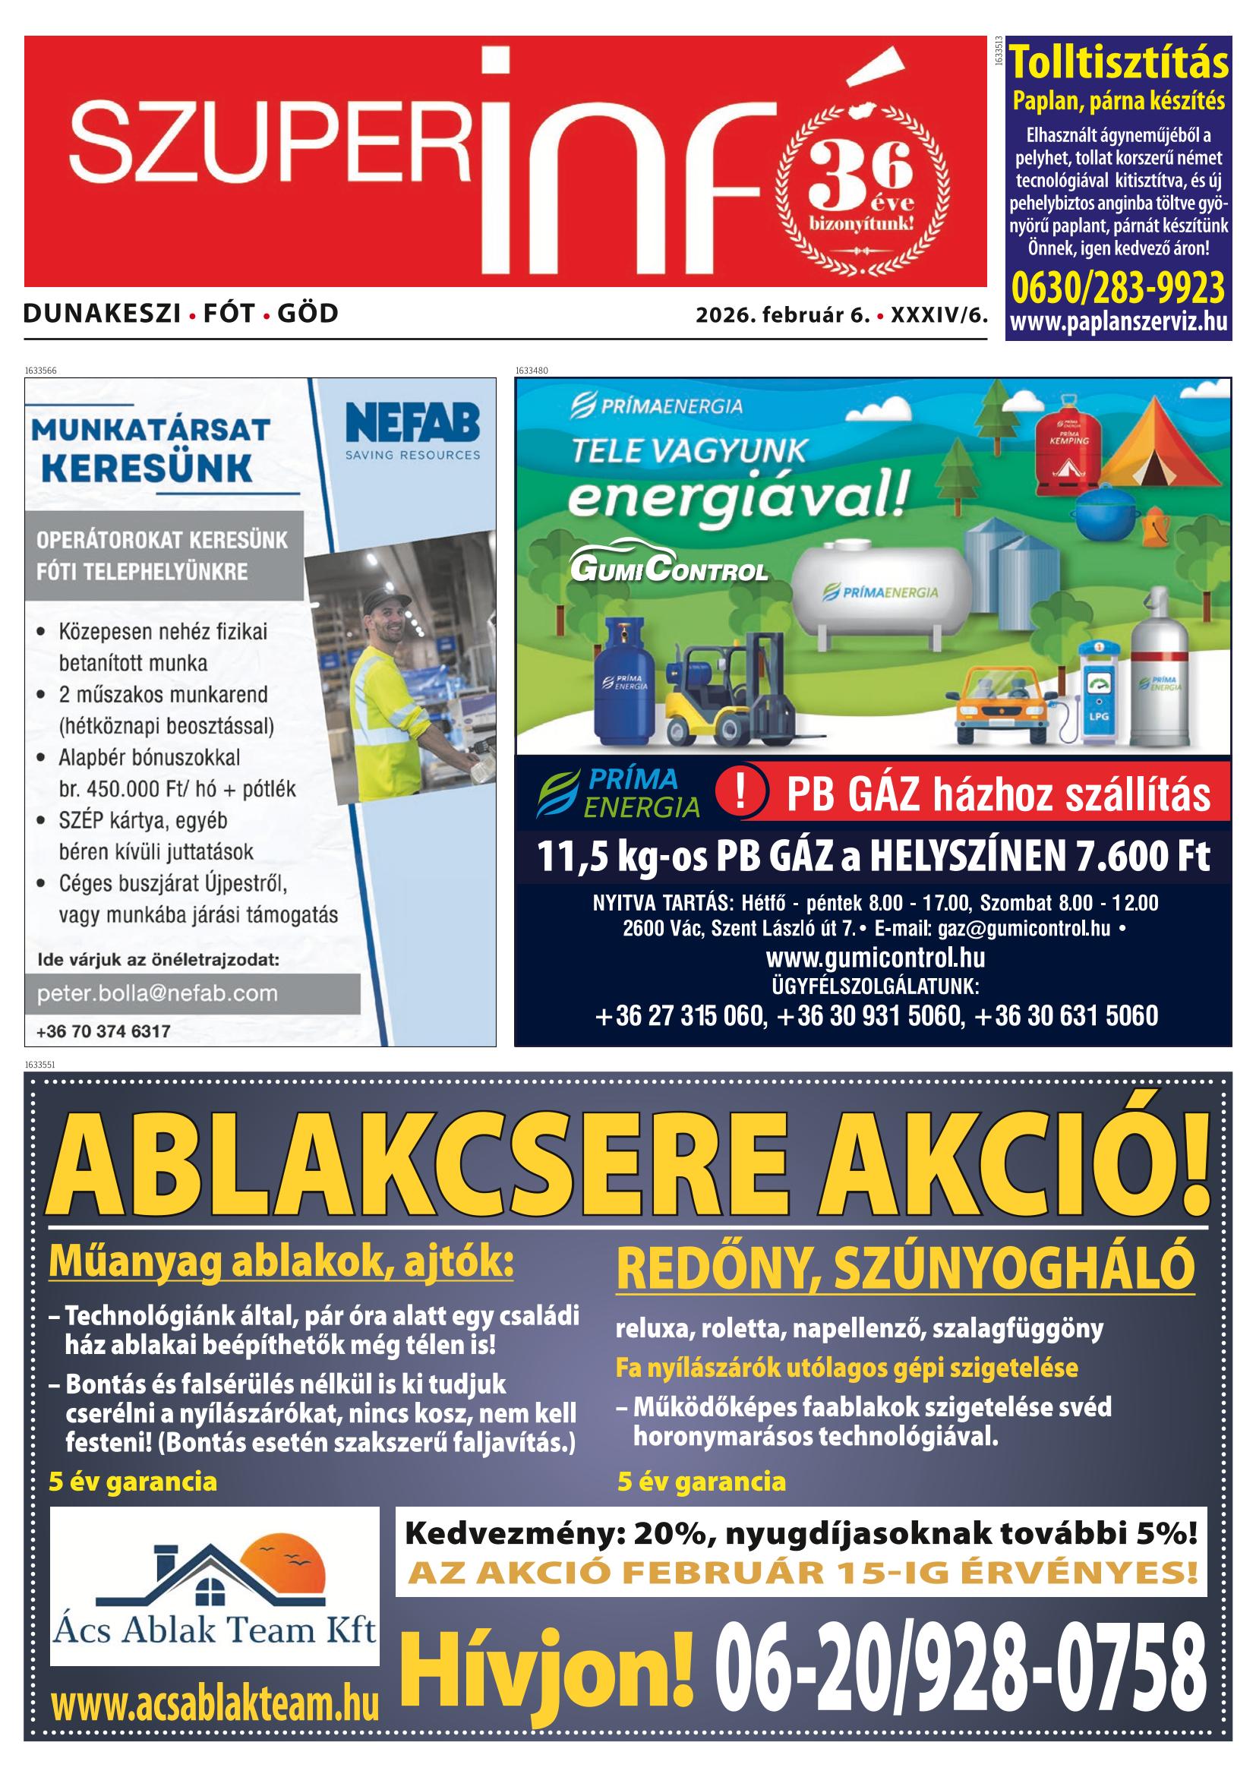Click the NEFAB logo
[x=412, y=431]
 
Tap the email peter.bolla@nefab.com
[x=157, y=994]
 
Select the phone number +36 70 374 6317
[x=103, y=1031]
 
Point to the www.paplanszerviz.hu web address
[x=1119, y=322]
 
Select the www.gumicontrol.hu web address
[x=875, y=958]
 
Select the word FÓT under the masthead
[x=229, y=314]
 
